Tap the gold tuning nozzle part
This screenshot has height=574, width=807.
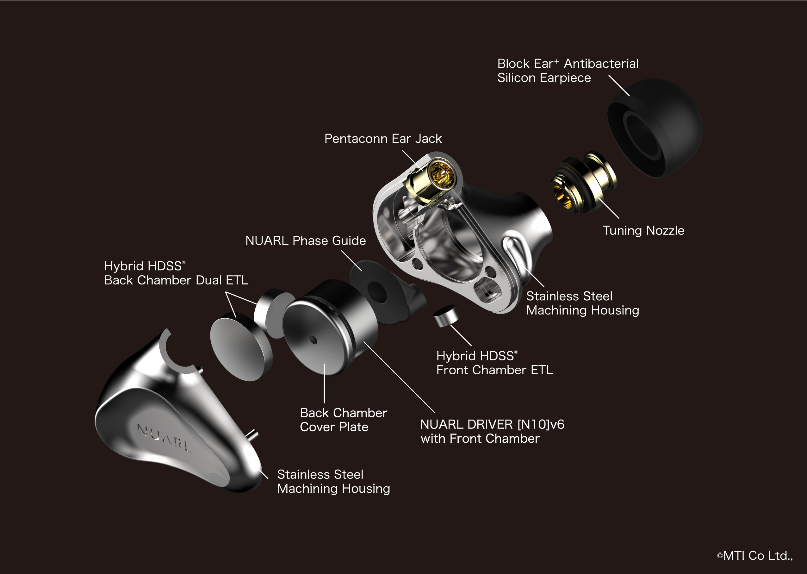point(583,182)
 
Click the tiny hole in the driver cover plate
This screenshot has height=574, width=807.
point(313,340)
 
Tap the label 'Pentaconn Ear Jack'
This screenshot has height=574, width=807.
point(383,139)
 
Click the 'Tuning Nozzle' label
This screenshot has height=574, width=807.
point(643,230)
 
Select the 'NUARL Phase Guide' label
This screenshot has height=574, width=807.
point(306,241)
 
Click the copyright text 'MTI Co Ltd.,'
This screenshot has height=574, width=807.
point(758,556)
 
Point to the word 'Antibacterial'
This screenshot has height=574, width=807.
point(601,64)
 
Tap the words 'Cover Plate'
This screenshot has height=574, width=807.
point(334,427)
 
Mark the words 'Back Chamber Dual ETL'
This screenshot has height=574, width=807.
point(176,280)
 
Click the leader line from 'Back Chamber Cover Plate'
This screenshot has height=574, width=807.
point(324,384)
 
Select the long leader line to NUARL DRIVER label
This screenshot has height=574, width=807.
point(399,377)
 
